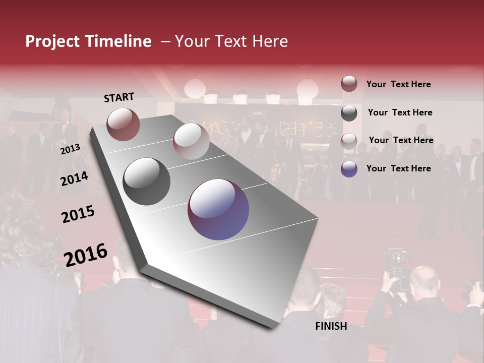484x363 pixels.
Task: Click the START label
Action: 119,97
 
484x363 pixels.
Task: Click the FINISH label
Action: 331,326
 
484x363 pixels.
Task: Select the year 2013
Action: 70,149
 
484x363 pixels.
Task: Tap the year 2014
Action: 74,178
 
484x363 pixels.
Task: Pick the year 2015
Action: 78,214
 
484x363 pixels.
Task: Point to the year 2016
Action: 86,255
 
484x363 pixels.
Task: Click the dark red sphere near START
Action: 123,124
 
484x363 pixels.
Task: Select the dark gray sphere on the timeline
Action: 147,181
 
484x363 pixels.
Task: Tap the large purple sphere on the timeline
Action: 218,209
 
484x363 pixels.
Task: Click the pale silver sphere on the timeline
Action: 191,141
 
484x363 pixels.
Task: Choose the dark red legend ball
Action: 349,84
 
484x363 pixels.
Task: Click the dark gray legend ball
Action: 349,113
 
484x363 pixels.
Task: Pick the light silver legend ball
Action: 349,141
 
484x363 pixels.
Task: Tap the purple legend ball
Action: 349,169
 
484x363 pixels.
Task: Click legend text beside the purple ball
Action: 398,168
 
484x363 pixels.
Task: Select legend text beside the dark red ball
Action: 398,84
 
